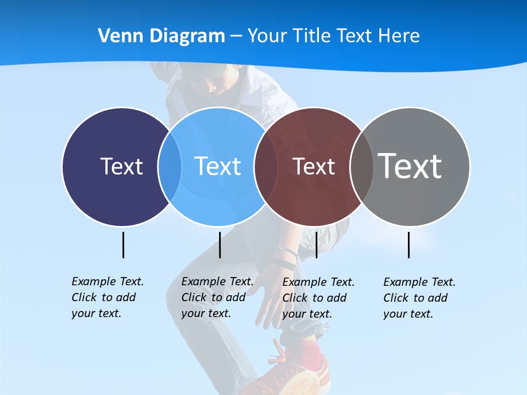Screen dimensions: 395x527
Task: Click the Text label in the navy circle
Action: click(x=121, y=166)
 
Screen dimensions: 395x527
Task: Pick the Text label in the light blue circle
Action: click(x=217, y=166)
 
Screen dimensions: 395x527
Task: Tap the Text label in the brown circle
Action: click(x=313, y=166)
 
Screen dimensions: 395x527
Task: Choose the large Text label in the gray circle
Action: click(x=410, y=166)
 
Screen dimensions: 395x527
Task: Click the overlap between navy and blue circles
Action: click(x=170, y=166)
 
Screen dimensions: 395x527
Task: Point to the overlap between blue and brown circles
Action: click(x=265, y=166)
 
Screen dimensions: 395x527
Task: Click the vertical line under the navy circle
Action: click(x=123, y=245)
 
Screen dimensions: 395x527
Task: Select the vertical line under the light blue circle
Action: click(x=220, y=245)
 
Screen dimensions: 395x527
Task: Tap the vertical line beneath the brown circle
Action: click(x=316, y=245)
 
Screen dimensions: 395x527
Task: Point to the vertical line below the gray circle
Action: click(x=408, y=245)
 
